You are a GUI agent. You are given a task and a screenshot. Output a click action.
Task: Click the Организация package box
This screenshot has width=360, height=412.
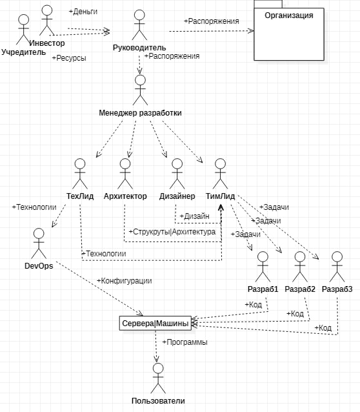point(289,34)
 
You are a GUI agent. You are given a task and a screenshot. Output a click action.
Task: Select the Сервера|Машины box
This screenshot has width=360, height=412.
point(155,323)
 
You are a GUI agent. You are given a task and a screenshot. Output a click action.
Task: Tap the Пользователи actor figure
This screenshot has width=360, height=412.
point(158,378)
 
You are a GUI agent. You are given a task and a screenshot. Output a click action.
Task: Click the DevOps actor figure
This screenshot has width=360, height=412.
point(39,243)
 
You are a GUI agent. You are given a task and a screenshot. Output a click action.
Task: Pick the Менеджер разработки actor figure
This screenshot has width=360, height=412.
point(140,90)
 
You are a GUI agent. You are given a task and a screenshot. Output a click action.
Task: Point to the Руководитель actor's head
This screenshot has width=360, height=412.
point(139,15)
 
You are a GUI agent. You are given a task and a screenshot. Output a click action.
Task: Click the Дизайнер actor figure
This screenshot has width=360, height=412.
point(177,174)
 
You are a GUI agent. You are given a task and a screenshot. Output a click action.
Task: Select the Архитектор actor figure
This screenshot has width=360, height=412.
point(125,174)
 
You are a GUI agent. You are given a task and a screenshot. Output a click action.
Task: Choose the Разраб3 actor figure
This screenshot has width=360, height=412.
point(337,267)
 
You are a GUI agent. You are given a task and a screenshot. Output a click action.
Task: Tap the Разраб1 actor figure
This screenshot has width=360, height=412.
point(263,267)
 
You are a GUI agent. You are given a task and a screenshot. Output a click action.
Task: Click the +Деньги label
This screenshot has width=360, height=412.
point(83,12)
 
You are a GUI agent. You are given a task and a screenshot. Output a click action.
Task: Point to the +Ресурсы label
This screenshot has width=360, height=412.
point(69,58)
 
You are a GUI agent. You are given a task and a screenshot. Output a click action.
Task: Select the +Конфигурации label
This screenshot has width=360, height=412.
point(125,281)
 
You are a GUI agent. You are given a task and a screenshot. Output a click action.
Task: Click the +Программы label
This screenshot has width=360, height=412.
point(185,342)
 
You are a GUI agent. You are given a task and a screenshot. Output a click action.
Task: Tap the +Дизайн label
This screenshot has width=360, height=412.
point(195,216)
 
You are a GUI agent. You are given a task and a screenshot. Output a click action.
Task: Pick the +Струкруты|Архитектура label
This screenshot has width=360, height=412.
point(172,232)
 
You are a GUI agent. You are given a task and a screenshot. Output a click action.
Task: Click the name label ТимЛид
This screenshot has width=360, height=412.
point(220,196)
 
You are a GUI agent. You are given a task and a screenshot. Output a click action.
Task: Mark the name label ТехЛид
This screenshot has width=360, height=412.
point(80,196)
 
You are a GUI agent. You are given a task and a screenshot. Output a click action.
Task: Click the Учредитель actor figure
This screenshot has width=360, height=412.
point(23,30)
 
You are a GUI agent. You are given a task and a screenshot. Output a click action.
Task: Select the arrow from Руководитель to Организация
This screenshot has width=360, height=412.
point(212,31)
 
